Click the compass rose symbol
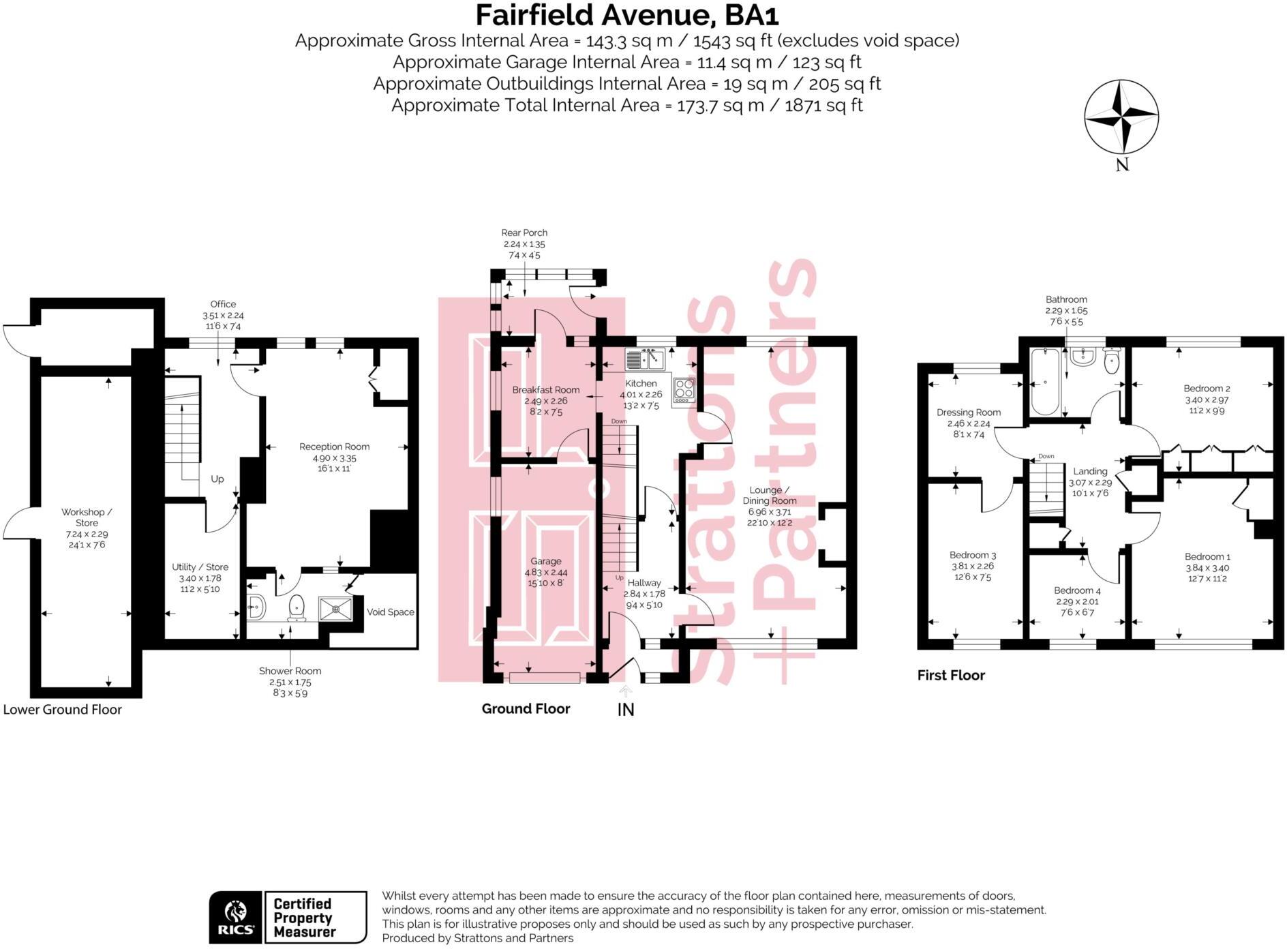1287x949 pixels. click(1121, 117)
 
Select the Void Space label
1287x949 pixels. click(390, 612)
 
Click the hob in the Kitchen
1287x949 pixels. click(684, 389)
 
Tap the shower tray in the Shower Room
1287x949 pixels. click(335, 609)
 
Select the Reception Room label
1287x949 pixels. click(334, 447)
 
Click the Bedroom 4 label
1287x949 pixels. click(1076, 590)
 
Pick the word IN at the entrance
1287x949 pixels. click(625, 710)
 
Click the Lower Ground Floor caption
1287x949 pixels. click(63, 709)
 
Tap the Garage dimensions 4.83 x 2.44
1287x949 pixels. click(545, 573)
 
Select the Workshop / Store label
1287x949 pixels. click(87, 517)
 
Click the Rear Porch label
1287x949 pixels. click(524, 232)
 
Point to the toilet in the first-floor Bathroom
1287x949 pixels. click(1111, 363)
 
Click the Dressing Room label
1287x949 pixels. click(968, 412)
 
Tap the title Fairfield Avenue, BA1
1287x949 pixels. click(626, 15)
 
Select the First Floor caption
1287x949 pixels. click(951, 675)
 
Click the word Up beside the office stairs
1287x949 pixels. click(217, 479)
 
